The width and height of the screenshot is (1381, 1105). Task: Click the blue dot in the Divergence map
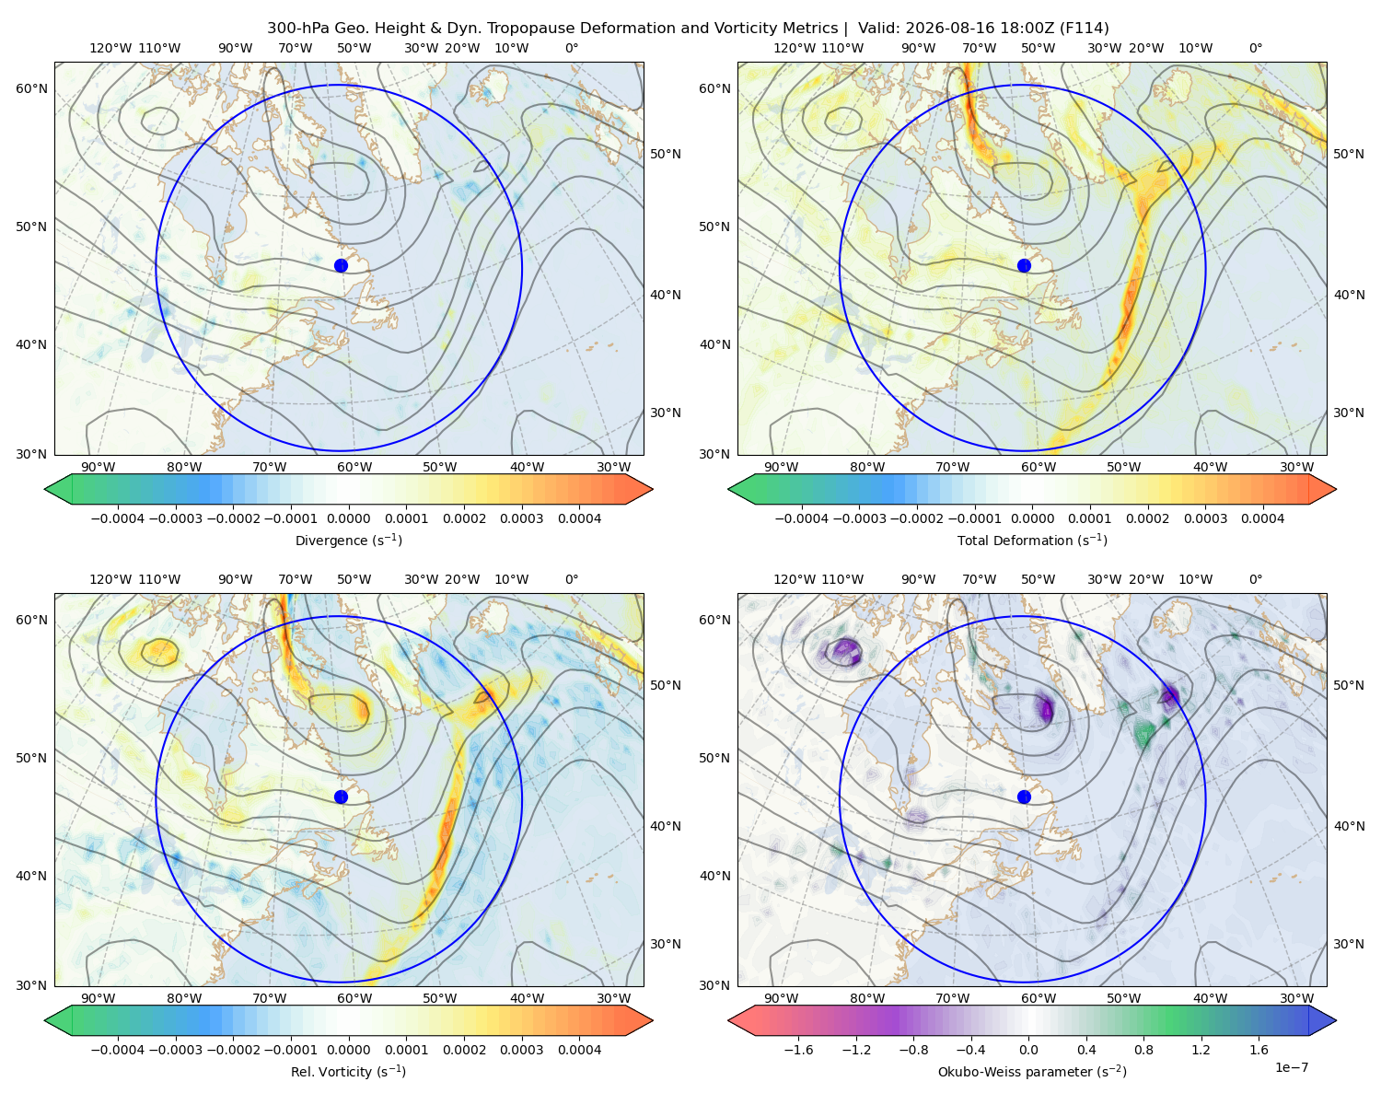[341, 265]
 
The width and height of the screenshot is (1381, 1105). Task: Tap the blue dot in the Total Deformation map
[1024, 265]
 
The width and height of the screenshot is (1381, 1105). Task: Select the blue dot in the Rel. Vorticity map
[341, 797]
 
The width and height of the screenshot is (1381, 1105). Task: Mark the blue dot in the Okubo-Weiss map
[1024, 797]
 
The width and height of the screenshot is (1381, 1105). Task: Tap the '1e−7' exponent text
[1291, 1067]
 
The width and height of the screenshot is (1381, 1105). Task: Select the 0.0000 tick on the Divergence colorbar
[348, 518]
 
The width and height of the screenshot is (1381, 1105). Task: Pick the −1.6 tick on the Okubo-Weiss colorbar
[798, 1049]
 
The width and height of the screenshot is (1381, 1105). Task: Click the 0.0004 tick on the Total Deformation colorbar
[1262, 518]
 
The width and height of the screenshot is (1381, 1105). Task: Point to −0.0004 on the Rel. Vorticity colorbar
[118, 1049]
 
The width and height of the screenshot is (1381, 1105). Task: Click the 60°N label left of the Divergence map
[31, 88]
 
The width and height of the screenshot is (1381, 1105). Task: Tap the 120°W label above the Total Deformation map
[794, 48]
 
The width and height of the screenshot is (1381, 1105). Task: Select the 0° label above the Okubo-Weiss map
[1255, 578]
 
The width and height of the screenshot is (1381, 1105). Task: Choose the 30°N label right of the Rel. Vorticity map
[666, 943]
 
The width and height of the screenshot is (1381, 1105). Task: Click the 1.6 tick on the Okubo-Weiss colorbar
[1259, 1049]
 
